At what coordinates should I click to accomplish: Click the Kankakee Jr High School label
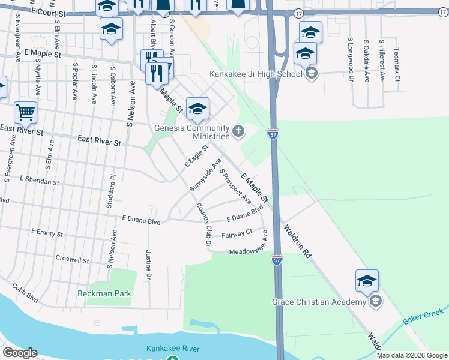(x=256, y=74)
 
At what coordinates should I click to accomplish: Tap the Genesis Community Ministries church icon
(x=238, y=131)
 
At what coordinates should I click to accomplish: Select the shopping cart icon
(x=25, y=112)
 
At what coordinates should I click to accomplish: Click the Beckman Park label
(x=104, y=293)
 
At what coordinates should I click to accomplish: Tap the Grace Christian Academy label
(x=319, y=302)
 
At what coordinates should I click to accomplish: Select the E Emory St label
(x=46, y=233)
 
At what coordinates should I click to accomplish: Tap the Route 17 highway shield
(x=298, y=13)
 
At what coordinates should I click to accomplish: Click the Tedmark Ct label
(x=397, y=65)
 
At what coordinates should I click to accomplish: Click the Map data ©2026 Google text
(x=412, y=355)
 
